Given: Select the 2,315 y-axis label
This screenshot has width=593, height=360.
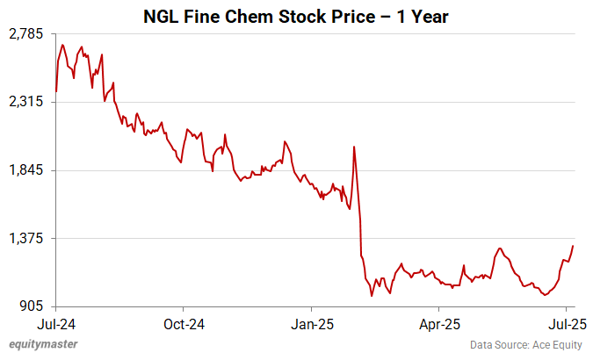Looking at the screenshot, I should (x=26, y=102).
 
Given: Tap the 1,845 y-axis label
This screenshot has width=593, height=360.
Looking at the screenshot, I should (x=26, y=170).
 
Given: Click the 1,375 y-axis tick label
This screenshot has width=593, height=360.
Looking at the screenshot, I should (x=26, y=238).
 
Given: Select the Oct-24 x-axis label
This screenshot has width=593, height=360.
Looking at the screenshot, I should (x=184, y=323).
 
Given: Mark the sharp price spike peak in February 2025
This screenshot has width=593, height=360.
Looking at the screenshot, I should (x=353, y=147).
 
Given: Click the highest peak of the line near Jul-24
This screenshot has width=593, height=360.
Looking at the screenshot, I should (x=62, y=45).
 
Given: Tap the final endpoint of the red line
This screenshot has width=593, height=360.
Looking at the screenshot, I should (x=573, y=246).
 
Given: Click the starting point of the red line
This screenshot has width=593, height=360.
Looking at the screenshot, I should (x=56, y=90).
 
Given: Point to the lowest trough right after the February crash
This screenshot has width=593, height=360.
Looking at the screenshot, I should (x=372, y=296).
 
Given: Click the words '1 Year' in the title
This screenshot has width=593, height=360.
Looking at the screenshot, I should (x=423, y=16).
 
